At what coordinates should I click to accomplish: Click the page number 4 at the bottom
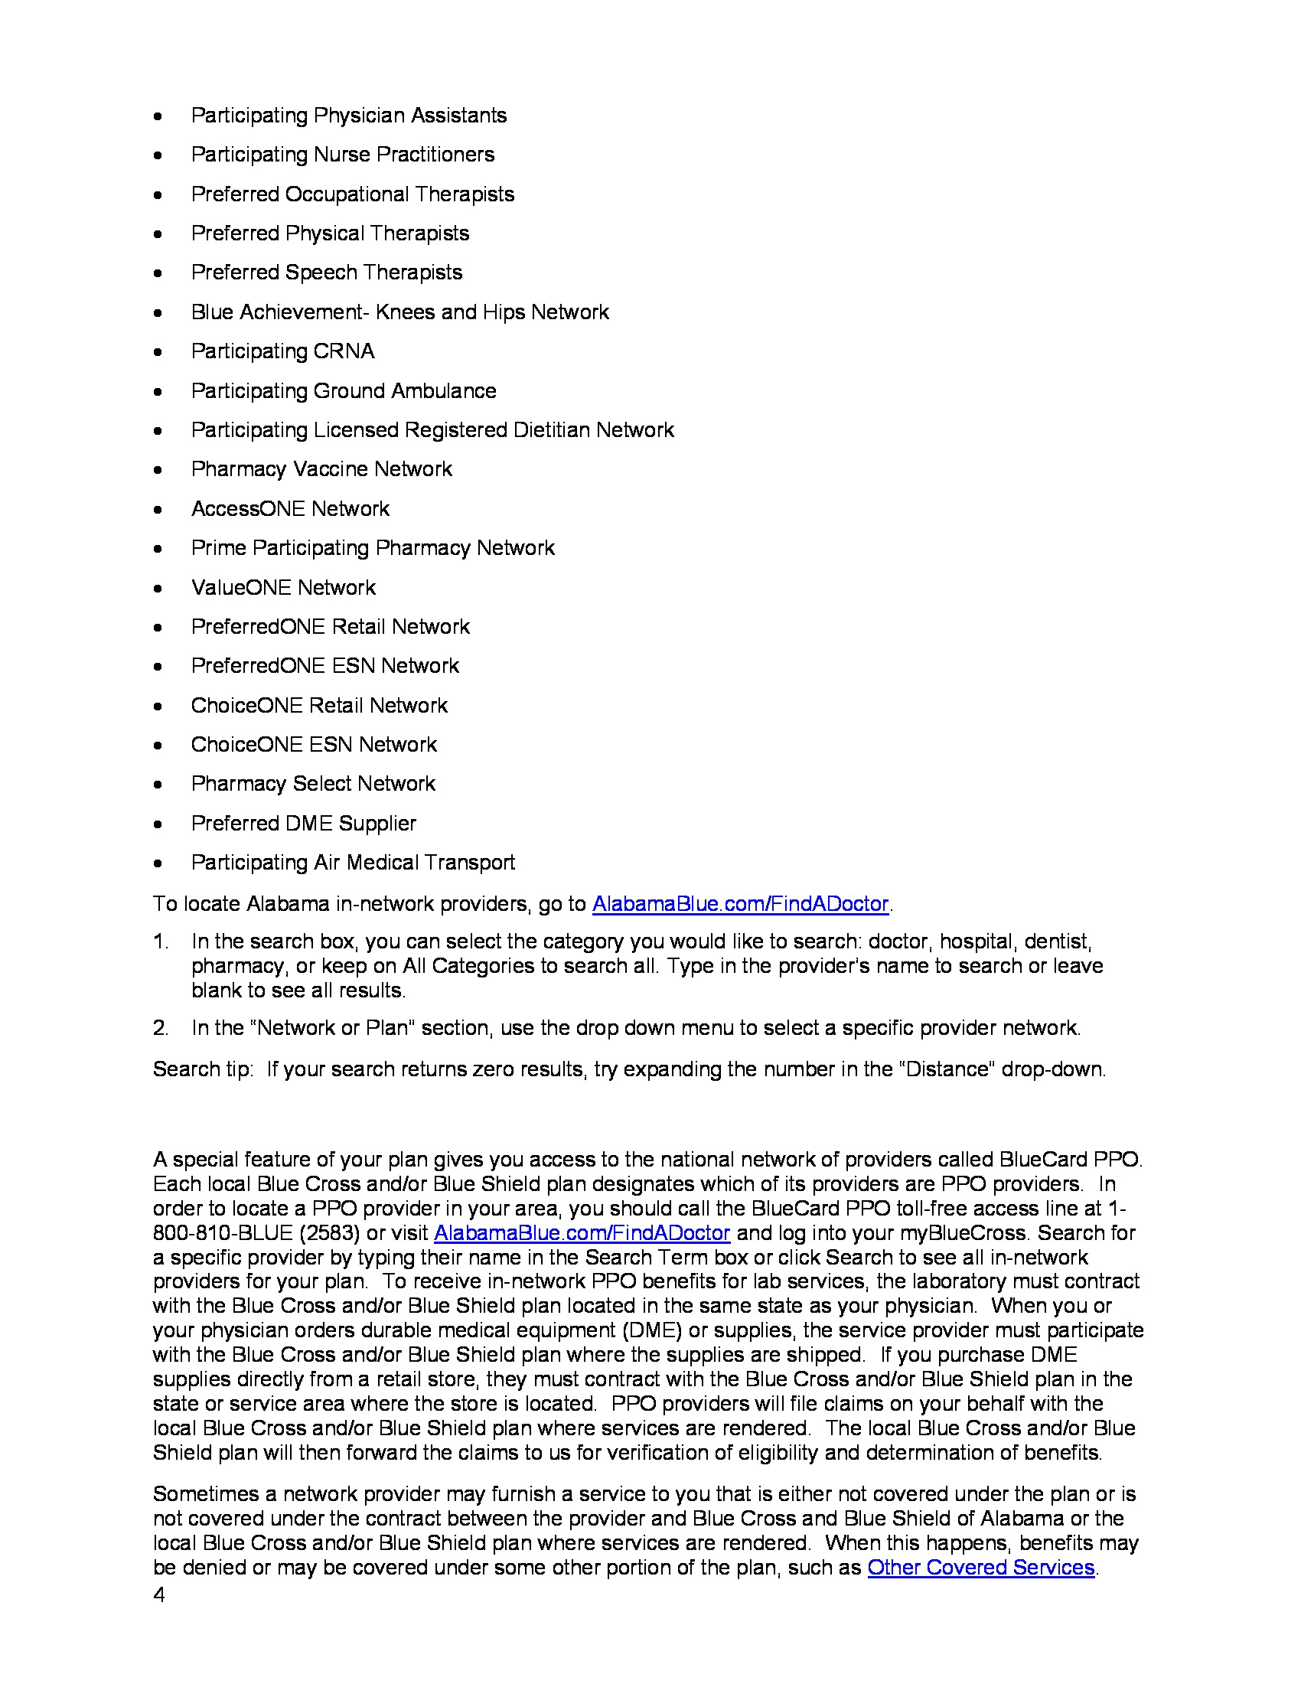(158, 1594)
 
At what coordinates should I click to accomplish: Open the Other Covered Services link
(980, 1568)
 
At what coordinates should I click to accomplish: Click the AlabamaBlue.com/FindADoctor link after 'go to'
(740, 904)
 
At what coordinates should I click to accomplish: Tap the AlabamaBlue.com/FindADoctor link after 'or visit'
(582, 1233)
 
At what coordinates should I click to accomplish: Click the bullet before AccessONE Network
(158, 510)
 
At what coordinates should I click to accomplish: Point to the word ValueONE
(241, 588)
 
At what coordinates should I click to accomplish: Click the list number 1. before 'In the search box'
(160, 942)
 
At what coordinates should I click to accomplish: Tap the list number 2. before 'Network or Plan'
(160, 1028)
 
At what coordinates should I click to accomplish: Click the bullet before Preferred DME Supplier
(158, 824)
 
